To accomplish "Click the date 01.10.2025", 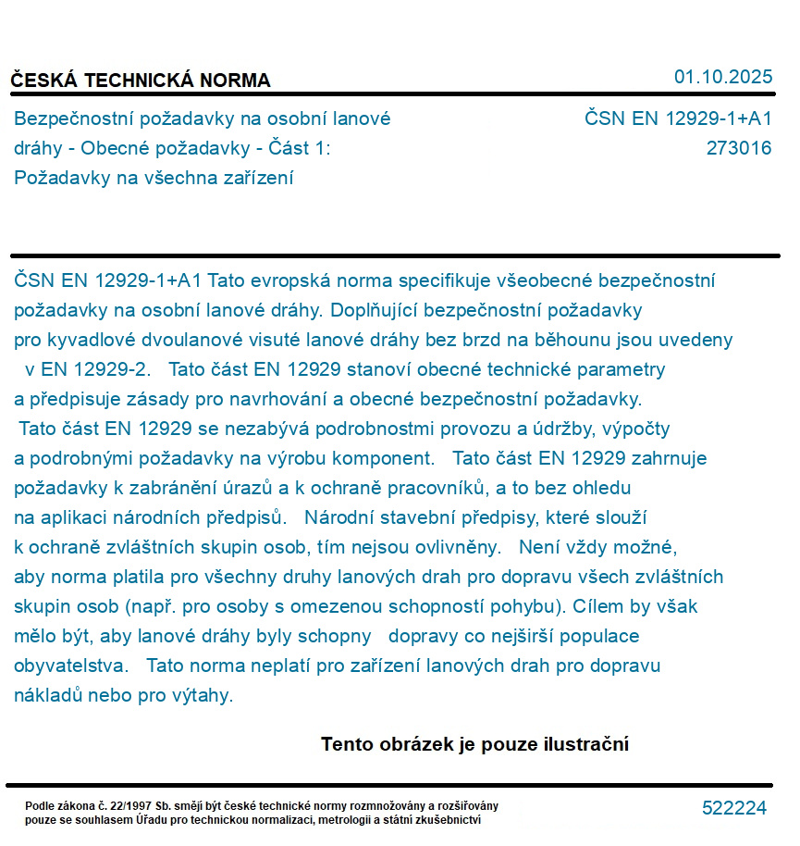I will point(723,78).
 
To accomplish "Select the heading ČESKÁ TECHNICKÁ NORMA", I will point(141,81).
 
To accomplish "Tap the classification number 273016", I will point(738,148).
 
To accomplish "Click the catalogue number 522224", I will point(734,808).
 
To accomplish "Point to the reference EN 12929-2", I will point(86,369).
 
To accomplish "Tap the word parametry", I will point(620,369).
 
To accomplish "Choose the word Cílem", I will point(599,607).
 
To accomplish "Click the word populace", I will point(597,637).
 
